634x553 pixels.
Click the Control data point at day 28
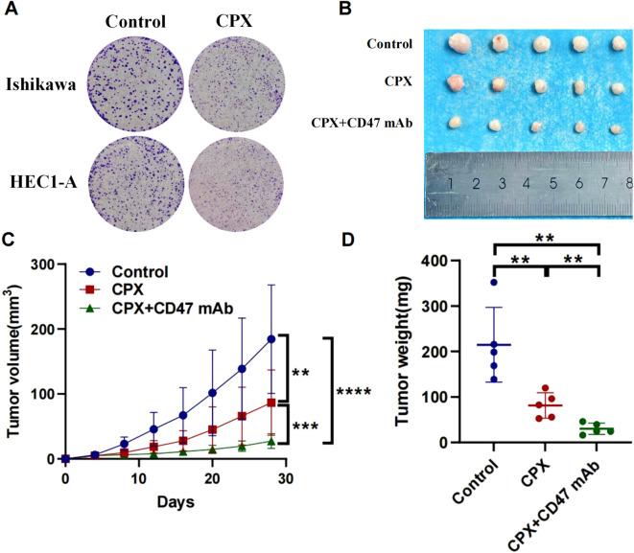point(271,338)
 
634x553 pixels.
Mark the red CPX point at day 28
point(271,403)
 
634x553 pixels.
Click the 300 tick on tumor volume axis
point(44,264)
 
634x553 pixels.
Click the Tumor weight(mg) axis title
point(407,351)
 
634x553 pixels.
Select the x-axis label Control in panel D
point(477,479)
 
